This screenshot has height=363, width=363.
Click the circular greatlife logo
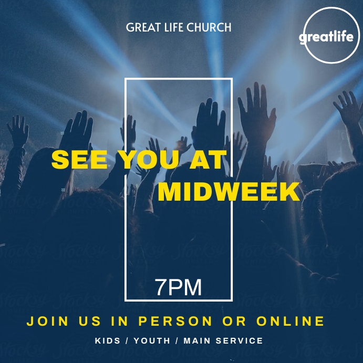click(329, 36)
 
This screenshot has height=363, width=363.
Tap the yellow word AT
click(208, 160)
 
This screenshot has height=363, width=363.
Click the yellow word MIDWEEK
click(229, 192)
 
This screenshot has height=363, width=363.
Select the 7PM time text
click(179, 287)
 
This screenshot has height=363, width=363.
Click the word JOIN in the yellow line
click(48, 320)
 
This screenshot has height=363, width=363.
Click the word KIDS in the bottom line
click(107, 341)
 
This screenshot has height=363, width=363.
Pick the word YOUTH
click(152, 341)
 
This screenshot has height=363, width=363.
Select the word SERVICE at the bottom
click(241, 341)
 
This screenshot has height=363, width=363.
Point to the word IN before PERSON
click(119, 320)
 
